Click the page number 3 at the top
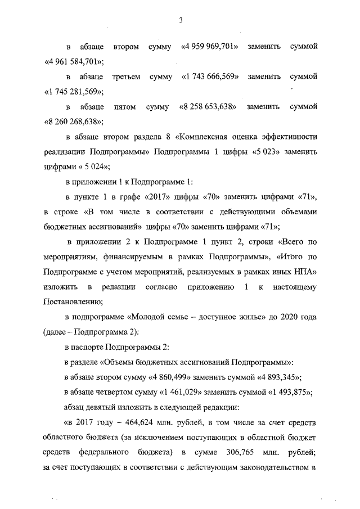coord(180,21)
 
